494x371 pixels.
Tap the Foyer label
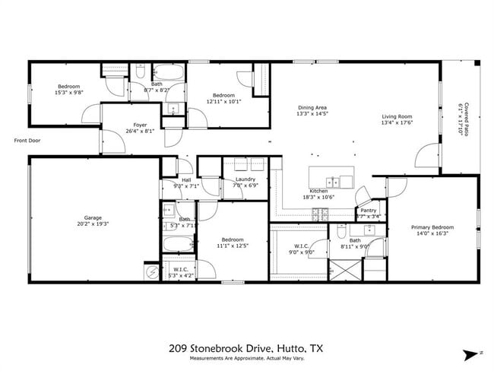pyautogui.click(x=140, y=125)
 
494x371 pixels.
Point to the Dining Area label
pyautogui.click(x=312, y=108)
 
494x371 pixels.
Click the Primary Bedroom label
pyautogui.click(x=432, y=227)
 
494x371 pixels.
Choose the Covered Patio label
pyautogui.click(x=466, y=118)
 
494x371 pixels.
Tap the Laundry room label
pyautogui.click(x=245, y=179)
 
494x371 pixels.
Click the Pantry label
pyautogui.click(x=369, y=211)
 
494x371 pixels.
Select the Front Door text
pyautogui.click(x=27, y=140)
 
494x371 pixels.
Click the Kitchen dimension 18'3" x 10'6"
pyautogui.click(x=319, y=197)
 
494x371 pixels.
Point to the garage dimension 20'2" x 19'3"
pyautogui.click(x=93, y=224)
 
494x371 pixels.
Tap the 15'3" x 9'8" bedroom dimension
pyautogui.click(x=68, y=93)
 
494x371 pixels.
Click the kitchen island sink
pyautogui.click(x=333, y=181)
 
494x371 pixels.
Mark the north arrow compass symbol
pyautogui.click(x=468, y=353)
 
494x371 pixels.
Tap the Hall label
pyautogui.click(x=186, y=180)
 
